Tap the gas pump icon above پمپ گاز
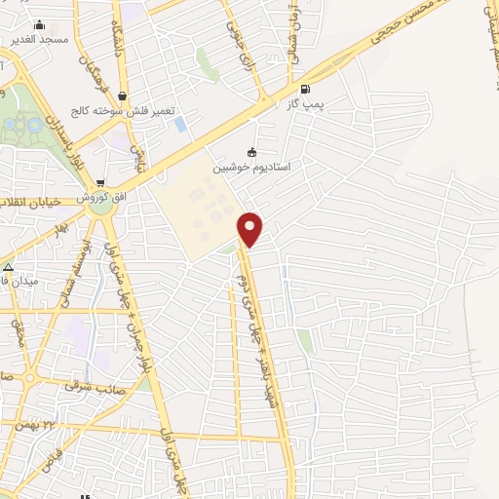click(x=307, y=87)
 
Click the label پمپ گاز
click(x=307, y=102)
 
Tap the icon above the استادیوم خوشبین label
click(x=252, y=151)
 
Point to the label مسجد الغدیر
click(x=39, y=40)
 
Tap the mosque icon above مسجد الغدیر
click(x=39, y=24)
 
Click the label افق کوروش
click(x=100, y=197)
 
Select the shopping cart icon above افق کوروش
click(x=100, y=182)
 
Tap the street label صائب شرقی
click(x=90, y=386)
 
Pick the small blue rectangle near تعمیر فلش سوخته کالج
click(x=180, y=124)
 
